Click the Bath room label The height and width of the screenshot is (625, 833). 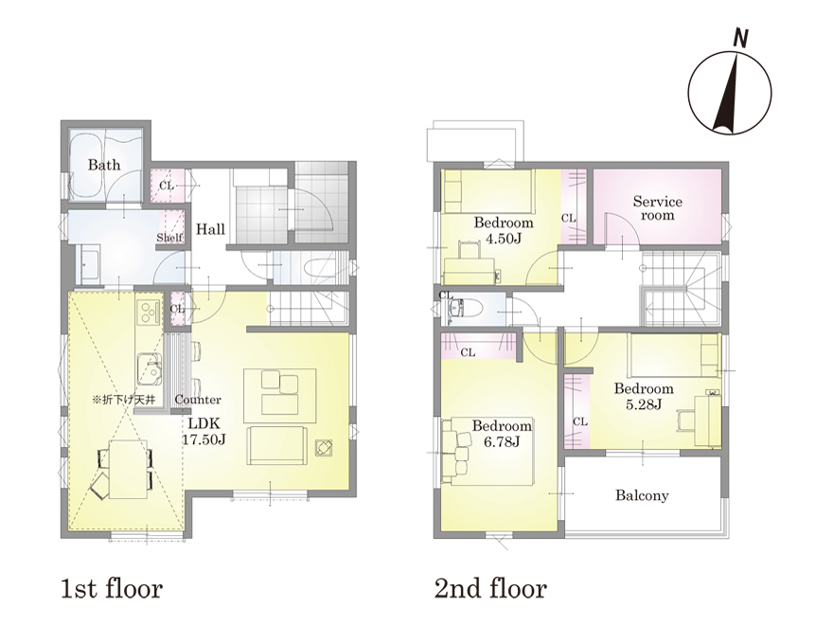tap(103, 165)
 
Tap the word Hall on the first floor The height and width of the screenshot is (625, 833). tap(210, 229)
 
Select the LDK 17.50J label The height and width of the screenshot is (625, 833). tap(204, 431)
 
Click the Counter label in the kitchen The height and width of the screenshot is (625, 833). tap(198, 400)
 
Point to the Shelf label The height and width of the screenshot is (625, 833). tap(169, 238)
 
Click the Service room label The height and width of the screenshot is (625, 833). tap(657, 208)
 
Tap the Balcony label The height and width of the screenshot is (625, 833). tap(642, 496)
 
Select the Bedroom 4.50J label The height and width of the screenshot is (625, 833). tap(503, 230)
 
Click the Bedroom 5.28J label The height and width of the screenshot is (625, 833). tap(644, 396)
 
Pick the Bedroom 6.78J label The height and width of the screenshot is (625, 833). tap(502, 433)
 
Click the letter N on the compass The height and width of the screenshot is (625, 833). tap(740, 38)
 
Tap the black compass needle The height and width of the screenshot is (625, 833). tap(727, 95)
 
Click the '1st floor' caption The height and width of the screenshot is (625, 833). tap(111, 589)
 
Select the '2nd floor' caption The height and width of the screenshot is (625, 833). tap(490, 589)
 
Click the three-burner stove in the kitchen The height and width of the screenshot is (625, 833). tap(149, 312)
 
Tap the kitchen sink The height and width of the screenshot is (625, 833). tap(150, 367)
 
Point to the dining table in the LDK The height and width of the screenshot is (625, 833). tap(128, 470)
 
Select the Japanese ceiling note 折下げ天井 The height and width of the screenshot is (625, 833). tap(123, 399)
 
